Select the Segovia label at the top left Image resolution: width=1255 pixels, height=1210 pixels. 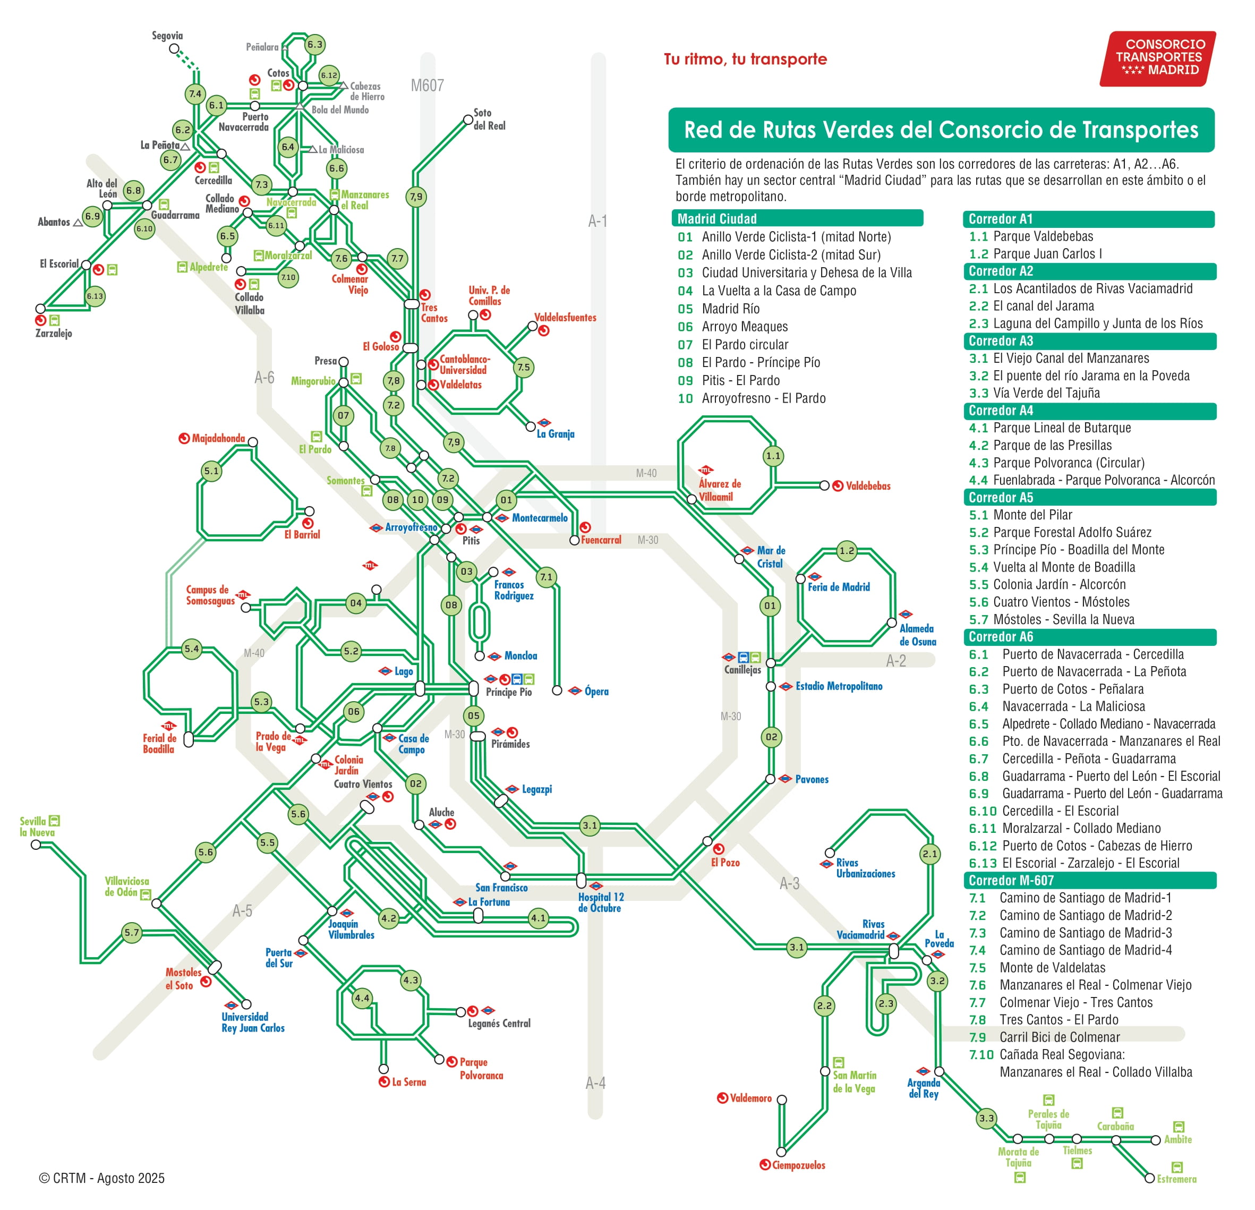pos(167,36)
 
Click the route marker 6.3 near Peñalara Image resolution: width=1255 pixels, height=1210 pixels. pos(314,44)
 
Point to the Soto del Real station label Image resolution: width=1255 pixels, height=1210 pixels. pos(489,119)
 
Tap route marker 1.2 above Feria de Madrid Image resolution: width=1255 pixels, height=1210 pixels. pos(847,551)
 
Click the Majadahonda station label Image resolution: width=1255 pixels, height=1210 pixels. pos(218,438)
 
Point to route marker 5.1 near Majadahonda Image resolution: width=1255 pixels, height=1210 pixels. pos(211,471)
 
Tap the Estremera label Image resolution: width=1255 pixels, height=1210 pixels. pos(1176,1179)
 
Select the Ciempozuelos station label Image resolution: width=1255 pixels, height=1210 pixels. pos(798,1165)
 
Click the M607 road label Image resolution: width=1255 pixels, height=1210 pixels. pos(427,85)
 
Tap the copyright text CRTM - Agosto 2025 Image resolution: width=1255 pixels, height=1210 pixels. pos(103,1178)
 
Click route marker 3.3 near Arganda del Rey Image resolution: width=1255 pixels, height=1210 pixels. pos(987,1119)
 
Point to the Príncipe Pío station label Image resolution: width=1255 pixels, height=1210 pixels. pos(508,693)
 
